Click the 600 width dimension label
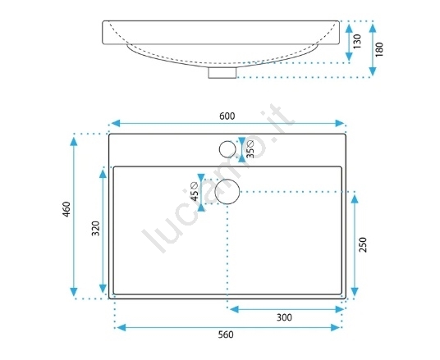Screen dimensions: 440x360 (227, 116)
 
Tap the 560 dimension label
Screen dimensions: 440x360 (226, 335)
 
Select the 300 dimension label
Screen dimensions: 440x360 (284, 317)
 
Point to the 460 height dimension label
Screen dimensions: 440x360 (66, 209)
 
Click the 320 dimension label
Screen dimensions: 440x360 (96, 229)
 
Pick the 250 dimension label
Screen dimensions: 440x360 (363, 244)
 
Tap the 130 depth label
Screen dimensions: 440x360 (357, 42)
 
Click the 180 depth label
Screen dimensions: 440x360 (379, 49)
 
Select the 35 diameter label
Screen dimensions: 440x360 (250, 149)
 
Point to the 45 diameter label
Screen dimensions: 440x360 (195, 192)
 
